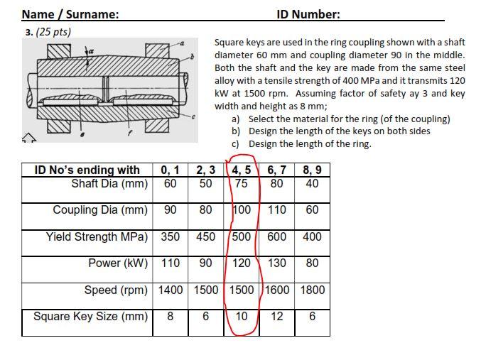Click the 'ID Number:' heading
[308, 14]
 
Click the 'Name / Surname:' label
[70, 14]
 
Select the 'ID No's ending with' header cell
[87, 170]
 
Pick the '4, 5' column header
[242, 170]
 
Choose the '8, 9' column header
[312, 170]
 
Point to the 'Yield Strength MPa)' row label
[97, 236]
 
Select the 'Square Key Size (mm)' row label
[90, 316]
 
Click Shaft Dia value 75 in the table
[242, 184]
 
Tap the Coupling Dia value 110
[277, 210]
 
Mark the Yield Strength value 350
[171, 236]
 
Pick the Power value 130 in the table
[277, 263]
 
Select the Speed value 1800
[312, 290]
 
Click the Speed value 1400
[171, 290]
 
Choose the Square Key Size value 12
[277, 316]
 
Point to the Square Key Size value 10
[242, 316]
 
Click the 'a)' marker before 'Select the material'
[236, 119]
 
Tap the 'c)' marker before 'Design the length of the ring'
[236, 144]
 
